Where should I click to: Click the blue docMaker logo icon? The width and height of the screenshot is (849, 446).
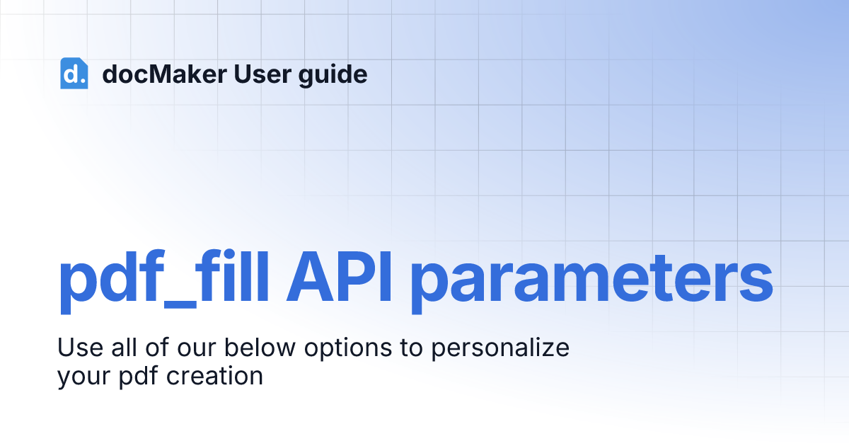[x=74, y=73]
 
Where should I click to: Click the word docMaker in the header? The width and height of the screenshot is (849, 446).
[x=164, y=74]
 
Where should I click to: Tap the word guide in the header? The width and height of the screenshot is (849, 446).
[x=333, y=75]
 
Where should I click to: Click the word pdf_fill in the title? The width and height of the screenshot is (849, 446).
[x=163, y=282]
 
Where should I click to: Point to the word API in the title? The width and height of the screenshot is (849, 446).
[x=339, y=277]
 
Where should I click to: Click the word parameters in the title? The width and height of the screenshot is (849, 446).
[x=591, y=282]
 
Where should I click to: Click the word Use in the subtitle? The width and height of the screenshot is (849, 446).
[x=81, y=348]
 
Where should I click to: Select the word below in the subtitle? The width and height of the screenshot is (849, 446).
[x=260, y=347]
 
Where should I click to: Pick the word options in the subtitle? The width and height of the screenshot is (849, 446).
[x=348, y=349]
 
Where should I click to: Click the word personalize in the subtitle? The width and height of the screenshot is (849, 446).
[x=500, y=349]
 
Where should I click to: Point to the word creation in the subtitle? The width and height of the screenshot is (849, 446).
[x=214, y=376]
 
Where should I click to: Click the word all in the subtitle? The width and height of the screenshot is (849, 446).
[x=124, y=347]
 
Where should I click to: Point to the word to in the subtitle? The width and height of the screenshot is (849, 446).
[x=411, y=348]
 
